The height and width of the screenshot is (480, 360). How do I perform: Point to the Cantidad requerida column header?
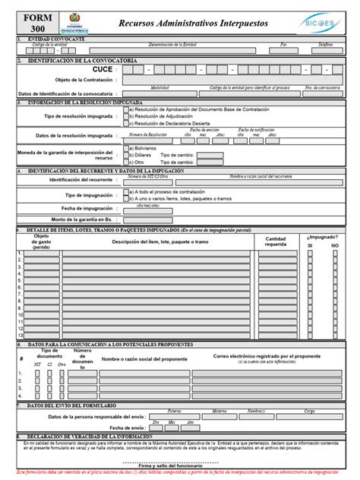pos(276,242)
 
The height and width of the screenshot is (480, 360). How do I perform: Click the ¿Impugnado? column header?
pos(323,238)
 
